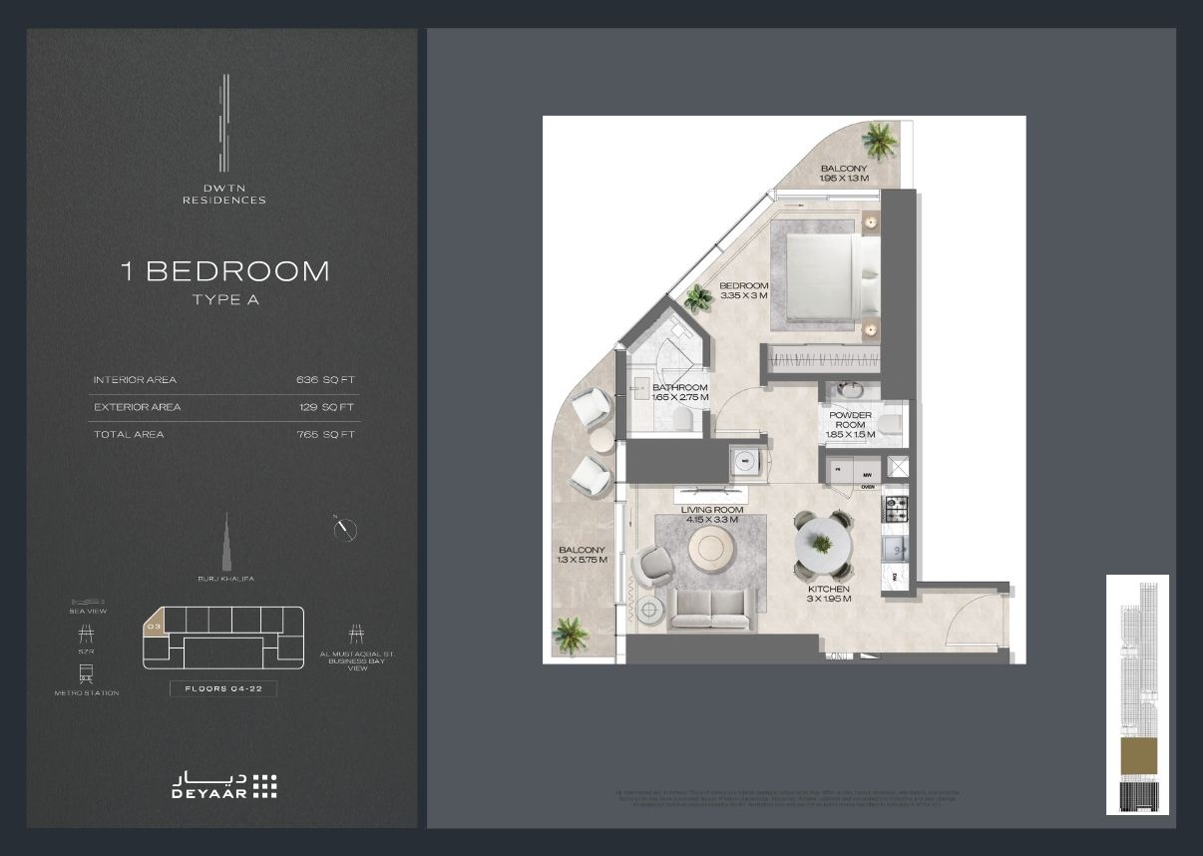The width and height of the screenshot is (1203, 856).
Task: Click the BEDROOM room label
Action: click(744, 290)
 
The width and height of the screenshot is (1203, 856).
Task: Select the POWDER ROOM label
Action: click(850, 424)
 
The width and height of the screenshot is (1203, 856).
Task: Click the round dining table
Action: click(823, 544)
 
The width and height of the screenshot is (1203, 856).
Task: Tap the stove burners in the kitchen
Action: click(895, 506)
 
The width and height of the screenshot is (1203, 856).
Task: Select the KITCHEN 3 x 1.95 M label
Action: click(829, 594)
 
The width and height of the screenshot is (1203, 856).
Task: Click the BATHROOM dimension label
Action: click(680, 392)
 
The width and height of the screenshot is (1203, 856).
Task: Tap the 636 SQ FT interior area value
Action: click(325, 380)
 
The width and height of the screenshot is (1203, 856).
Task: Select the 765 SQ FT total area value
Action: click(325, 434)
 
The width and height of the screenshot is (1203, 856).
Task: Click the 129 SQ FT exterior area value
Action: click(325, 407)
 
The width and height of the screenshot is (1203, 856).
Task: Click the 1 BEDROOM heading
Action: click(224, 271)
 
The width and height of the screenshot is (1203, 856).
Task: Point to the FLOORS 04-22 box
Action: click(222, 688)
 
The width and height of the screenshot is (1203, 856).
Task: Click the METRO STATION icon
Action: click(86, 673)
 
